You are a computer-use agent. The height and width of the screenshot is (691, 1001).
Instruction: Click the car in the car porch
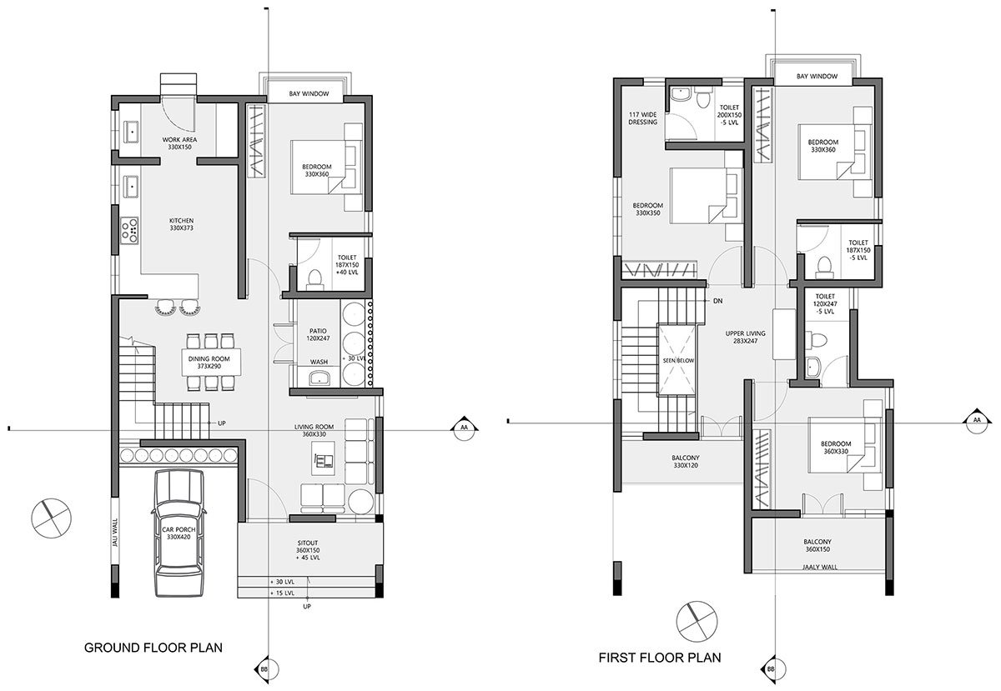pos(179,533)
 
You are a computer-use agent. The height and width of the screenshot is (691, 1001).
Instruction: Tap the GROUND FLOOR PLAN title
pos(153,647)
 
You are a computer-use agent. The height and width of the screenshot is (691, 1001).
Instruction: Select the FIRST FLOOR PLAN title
pos(660,658)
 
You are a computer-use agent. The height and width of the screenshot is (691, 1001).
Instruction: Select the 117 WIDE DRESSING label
pos(642,118)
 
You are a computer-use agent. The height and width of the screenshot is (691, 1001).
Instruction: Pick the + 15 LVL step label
pos(282,593)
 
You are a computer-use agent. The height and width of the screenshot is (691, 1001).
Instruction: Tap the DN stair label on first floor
pos(717,300)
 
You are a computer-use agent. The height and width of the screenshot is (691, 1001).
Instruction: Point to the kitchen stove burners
pos(130,230)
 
